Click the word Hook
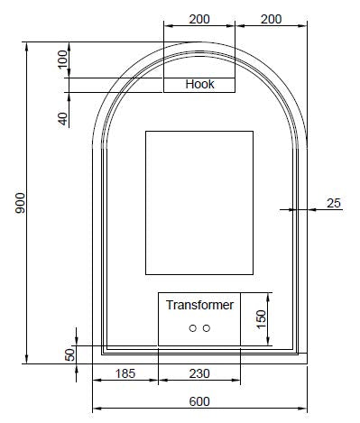pyautogui.click(x=199, y=84)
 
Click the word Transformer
pyautogui.click(x=199, y=305)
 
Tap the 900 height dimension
pyautogui.click(x=20, y=203)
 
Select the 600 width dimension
pyautogui.click(x=199, y=401)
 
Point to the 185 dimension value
pyautogui.click(x=125, y=373)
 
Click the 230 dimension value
pyautogui.click(x=199, y=373)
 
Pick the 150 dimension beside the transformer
pyautogui.click(x=262, y=319)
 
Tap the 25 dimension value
pyautogui.click(x=334, y=203)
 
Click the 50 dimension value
pyautogui.click(x=70, y=354)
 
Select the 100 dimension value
pyautogui.click(x=63, y=60)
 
